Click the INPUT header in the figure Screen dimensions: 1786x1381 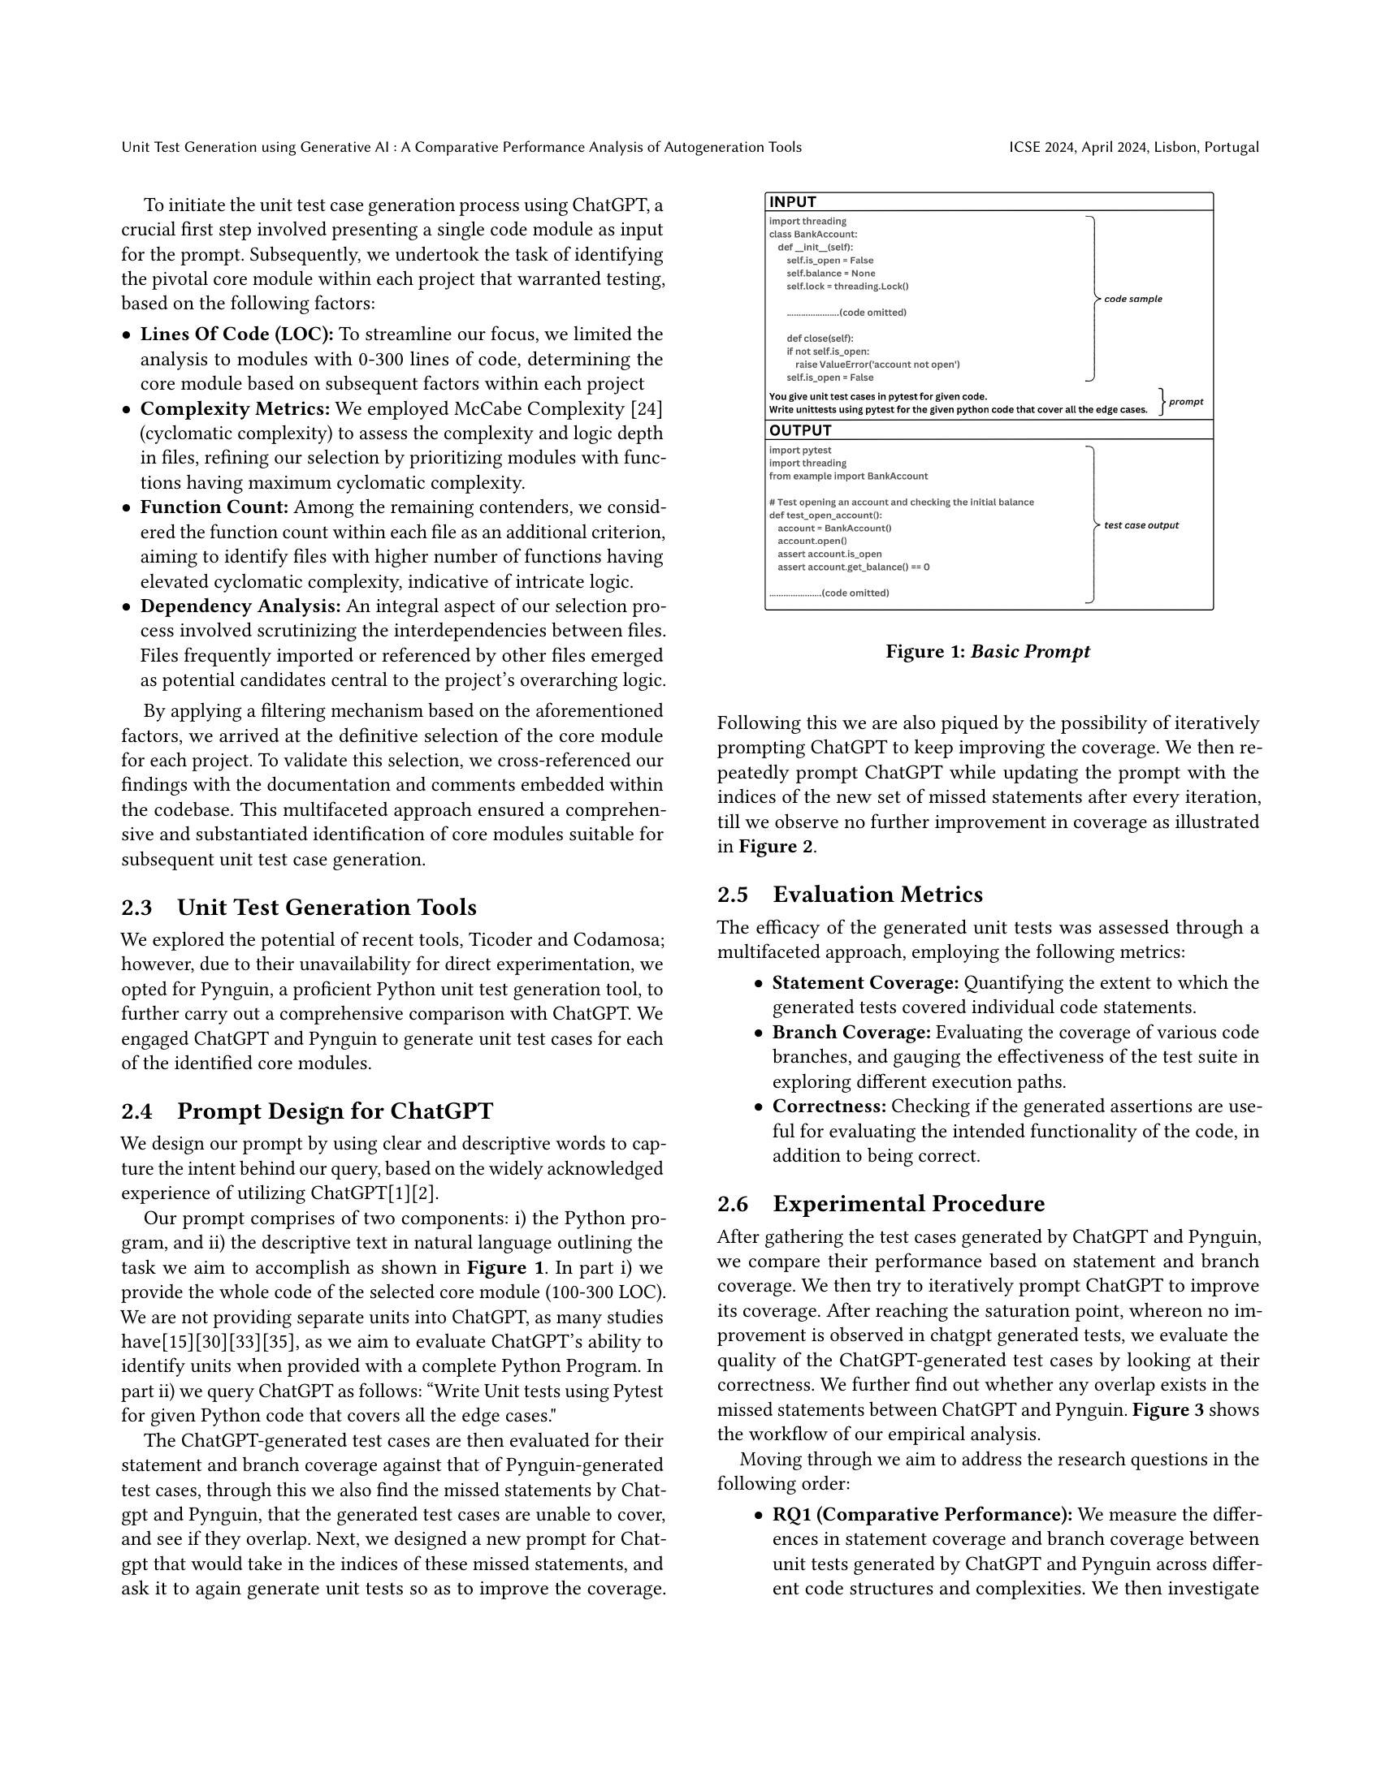(x=793, y=202)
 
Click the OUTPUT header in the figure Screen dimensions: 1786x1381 (x=800, y=430)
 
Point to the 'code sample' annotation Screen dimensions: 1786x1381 (x=1132, y=300)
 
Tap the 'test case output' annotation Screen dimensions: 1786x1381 (x=1141, y=525)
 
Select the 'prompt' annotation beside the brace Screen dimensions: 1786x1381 (x=1185, y=402)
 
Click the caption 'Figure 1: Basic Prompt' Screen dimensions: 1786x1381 (x=988, y=652)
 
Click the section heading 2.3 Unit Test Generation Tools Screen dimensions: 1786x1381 (x=299, y=908)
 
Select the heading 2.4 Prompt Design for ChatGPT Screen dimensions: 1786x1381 (x=307, y=1111)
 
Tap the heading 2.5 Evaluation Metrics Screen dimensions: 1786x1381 (x=849, y=895)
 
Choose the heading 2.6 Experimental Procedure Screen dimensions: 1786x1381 (x=881, y=1204)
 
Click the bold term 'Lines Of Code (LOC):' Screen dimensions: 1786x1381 (x=236, y=334)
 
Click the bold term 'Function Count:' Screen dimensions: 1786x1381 (x=214, y=508)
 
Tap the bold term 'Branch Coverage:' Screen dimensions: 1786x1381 (x=851, y=1033)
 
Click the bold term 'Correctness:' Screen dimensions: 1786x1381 (x=829, y=1107)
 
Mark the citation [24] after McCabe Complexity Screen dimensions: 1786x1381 (x=644, y=409)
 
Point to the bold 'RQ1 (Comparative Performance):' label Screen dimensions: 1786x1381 (x=922, y=1515)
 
